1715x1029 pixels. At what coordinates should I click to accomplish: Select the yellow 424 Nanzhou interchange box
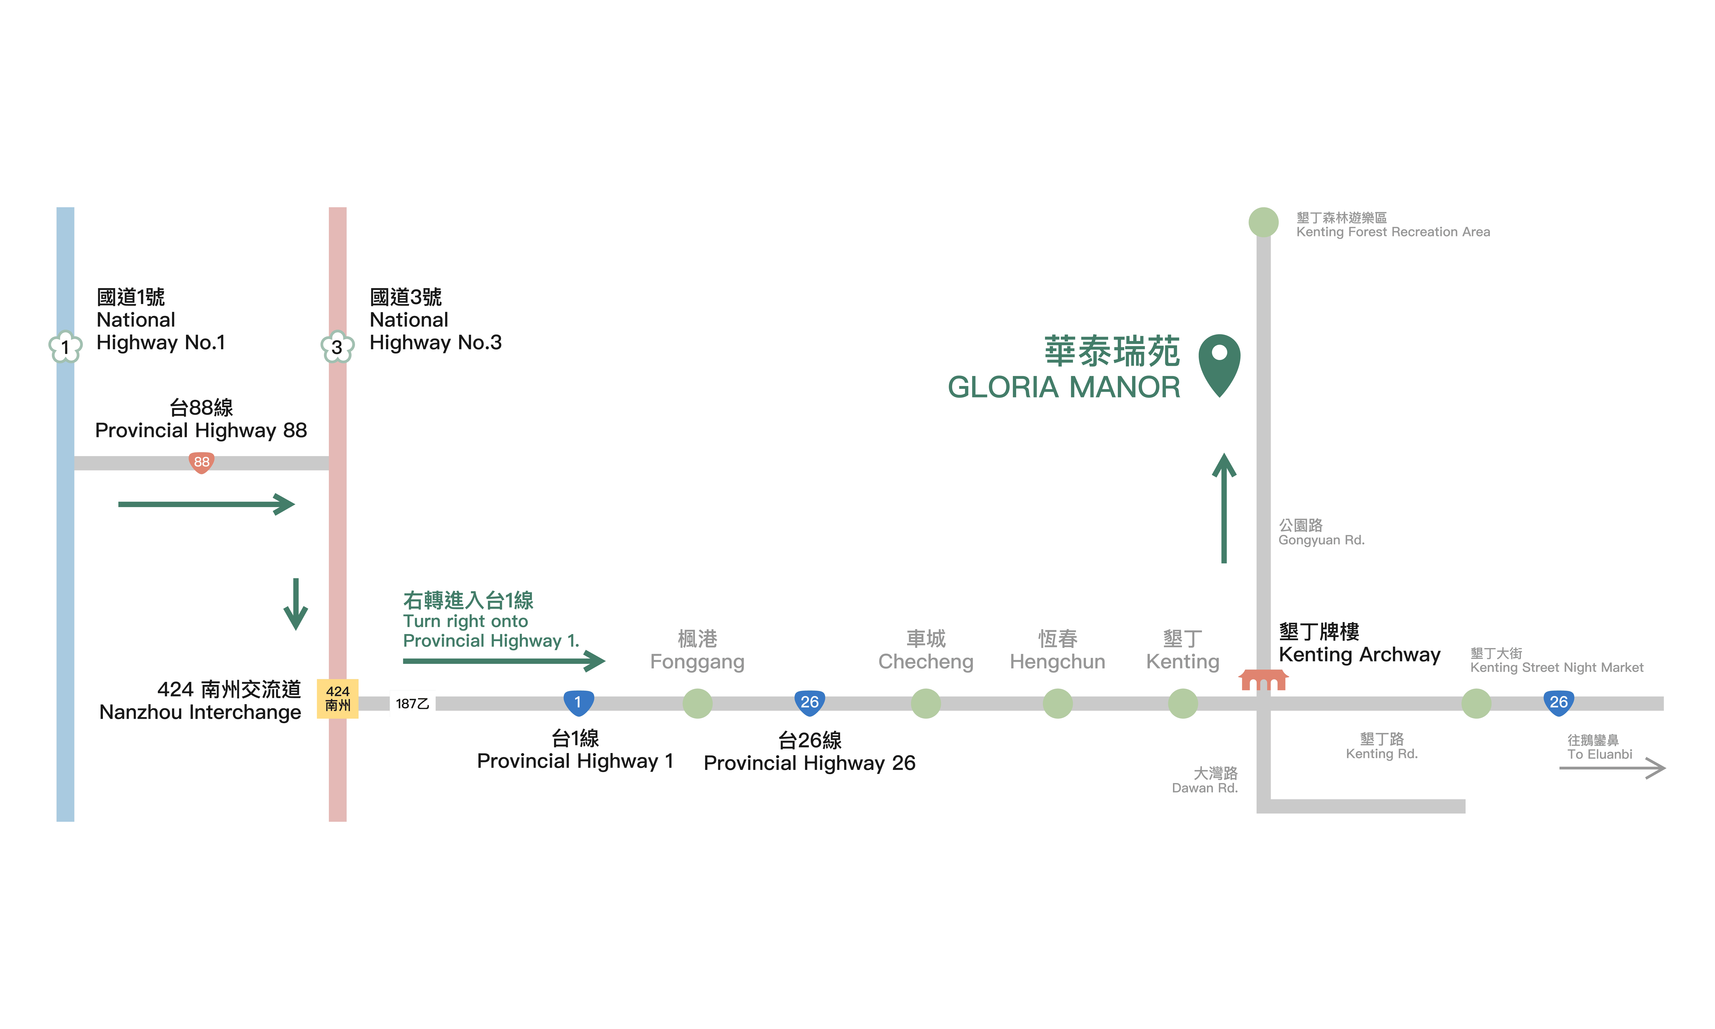(338, 698)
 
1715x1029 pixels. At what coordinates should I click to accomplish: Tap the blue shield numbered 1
(578, 702)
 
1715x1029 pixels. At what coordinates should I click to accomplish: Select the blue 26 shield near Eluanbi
(1558, 702)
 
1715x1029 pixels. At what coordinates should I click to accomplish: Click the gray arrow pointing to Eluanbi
(1612, 768)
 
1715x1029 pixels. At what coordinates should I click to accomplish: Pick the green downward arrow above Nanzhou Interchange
(296, 604)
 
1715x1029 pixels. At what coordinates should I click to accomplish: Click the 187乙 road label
(412, 704)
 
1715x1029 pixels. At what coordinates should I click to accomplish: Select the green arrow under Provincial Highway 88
(207, 504)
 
